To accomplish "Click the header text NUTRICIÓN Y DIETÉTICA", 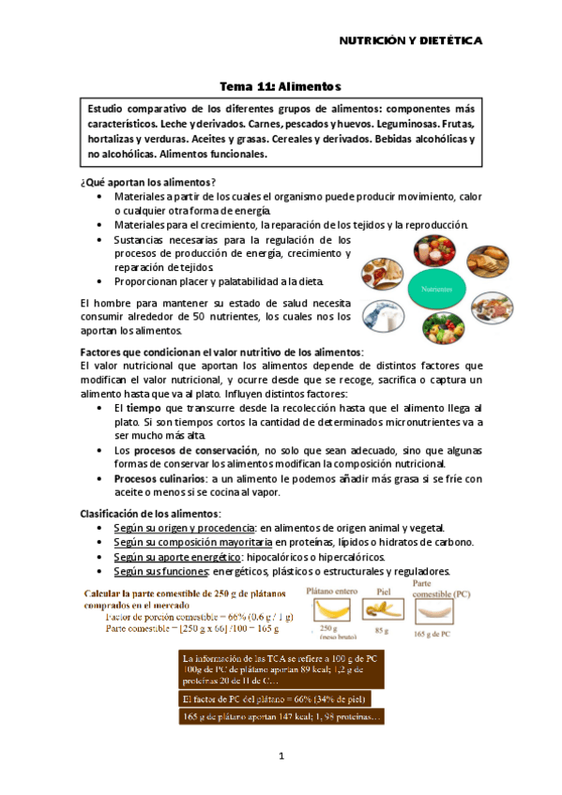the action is [410, 41].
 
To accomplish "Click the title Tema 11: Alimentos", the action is [280, 83].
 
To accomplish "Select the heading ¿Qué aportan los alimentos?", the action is [149, 181].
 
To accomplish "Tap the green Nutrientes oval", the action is [435, 290].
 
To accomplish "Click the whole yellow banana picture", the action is [328, 613].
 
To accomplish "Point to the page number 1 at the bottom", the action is [281, 756].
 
